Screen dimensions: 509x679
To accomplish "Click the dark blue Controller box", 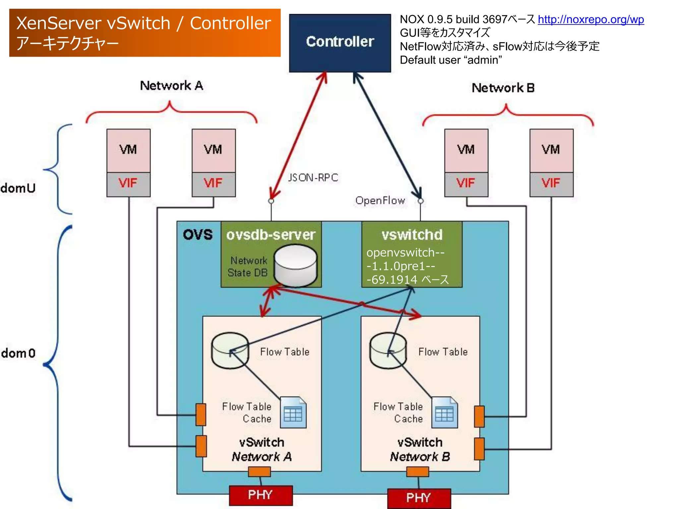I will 340,43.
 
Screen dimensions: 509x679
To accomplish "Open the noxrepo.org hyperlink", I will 590,20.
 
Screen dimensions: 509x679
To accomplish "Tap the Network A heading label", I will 171,85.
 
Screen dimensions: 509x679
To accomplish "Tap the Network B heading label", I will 503,88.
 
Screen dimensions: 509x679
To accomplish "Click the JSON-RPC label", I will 313,178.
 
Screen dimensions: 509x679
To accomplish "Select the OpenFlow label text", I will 380,200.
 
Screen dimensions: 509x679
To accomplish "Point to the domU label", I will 18,188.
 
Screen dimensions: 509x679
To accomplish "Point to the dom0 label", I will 18,353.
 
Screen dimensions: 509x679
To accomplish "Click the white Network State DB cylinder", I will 296,265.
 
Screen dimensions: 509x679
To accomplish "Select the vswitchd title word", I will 412,235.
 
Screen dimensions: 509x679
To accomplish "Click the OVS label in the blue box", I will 198,235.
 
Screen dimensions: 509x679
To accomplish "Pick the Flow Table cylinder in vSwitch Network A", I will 230,351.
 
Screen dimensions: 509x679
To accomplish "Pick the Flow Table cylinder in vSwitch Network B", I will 388,351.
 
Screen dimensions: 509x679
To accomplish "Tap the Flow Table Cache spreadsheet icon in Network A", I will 293,413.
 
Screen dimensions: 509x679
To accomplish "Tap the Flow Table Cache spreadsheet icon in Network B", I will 445,413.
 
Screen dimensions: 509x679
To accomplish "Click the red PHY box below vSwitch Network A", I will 261,495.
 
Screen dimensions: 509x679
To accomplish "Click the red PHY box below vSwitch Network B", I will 419,498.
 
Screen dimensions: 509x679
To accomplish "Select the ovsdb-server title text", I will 271,235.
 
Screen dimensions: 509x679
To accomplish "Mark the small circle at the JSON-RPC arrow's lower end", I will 271,201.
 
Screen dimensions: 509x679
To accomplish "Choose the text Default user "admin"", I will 451,60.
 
